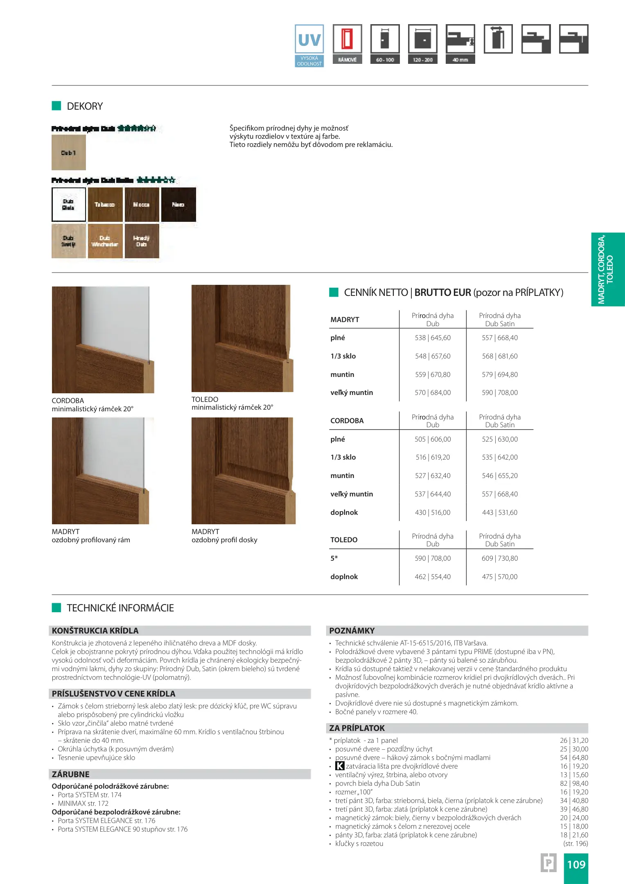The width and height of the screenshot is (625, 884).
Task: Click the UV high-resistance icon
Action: click(x=309, y=45)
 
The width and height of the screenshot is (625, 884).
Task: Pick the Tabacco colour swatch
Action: click(x=105, y=205)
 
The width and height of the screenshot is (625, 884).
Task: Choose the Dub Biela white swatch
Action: click(x=69, y=205)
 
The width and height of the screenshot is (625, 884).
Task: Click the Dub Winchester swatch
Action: click(x=105, y=241)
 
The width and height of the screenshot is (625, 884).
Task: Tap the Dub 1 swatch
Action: click(x=69, y=153)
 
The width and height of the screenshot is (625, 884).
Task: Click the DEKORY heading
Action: click(x=85, y=106)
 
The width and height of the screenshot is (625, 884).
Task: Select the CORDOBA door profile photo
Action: click(x=103, y=340)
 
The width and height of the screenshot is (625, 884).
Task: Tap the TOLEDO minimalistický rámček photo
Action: click(x=242, y=338)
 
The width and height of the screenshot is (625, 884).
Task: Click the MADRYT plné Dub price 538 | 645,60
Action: click(x=433, y=338)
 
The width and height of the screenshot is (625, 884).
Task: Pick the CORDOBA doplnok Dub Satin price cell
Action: click(x=500, y=512)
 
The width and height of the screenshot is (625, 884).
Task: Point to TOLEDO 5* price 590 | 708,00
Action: click(x=433, y=558)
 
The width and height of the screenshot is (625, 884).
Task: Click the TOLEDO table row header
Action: click(x=344, y=540)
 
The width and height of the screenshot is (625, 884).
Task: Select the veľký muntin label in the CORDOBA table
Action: click(x=352, y=494)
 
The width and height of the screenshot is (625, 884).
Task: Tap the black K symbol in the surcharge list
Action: click(x=340, y=766)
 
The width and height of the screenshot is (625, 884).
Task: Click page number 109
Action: click(x=576, y=864)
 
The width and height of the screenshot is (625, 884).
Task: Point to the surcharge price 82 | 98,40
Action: click(x=574, y=783)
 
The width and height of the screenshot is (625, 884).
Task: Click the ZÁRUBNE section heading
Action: click(x=70, y=774)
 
